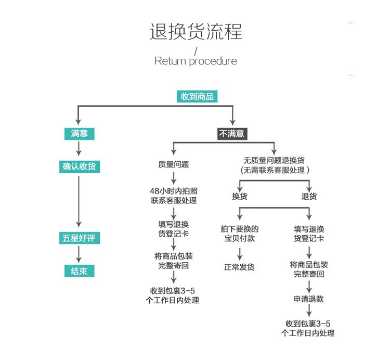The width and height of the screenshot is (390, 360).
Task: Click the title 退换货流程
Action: (x=196, y=32)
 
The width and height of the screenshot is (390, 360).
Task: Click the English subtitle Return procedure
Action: (x=196, y=61)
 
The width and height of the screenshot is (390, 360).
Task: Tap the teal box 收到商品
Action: (x=197, y=97)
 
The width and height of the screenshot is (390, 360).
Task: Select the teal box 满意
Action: (x=80, y=134)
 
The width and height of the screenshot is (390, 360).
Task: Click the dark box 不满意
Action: (x=232, y=134)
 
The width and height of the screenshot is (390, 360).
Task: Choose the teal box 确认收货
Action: (x=80, y=166)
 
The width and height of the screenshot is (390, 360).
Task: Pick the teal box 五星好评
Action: (x=80, y=238)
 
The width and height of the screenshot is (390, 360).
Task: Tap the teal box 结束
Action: (x=80, y=271)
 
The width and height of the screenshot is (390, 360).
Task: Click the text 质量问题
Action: (x=173, y=164)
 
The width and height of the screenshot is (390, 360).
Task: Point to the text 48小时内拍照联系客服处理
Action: (x=174, y=196)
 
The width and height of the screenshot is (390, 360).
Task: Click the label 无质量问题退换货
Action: (x=274, y=160)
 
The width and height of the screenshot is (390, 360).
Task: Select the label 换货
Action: (x=240, y=196)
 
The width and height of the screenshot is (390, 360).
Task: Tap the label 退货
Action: (x=309, y=196)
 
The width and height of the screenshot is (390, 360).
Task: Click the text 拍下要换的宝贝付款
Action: (x=240, y=234)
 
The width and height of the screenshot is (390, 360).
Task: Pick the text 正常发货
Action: (x=239, y=267)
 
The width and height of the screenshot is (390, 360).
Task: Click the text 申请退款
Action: (x=309, y=299)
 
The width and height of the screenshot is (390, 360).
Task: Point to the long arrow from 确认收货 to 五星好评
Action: (x=79, y=201)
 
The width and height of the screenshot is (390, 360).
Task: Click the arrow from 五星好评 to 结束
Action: (x=79, y=254)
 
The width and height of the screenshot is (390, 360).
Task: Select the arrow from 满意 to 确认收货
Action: (x=79, y=149)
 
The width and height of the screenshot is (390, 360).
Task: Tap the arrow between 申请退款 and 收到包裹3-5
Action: (x=309, y=310)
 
